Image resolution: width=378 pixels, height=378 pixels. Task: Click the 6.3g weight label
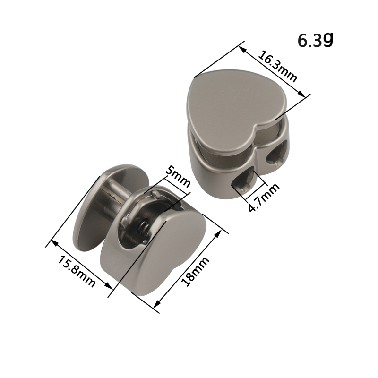[x=315, y=40]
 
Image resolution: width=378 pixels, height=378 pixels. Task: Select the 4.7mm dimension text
[x=264, y=198]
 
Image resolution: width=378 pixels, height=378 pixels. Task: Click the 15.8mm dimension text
[x=77, y=271]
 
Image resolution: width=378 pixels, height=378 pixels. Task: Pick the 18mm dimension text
[x=195, y=271]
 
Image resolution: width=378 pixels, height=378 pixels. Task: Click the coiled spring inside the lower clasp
[x=143, y=232]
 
